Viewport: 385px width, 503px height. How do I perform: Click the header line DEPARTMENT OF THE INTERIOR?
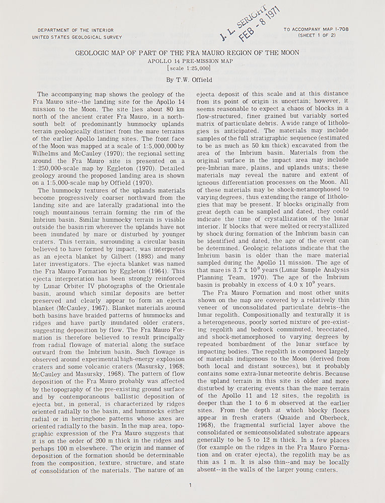(72, 30)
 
